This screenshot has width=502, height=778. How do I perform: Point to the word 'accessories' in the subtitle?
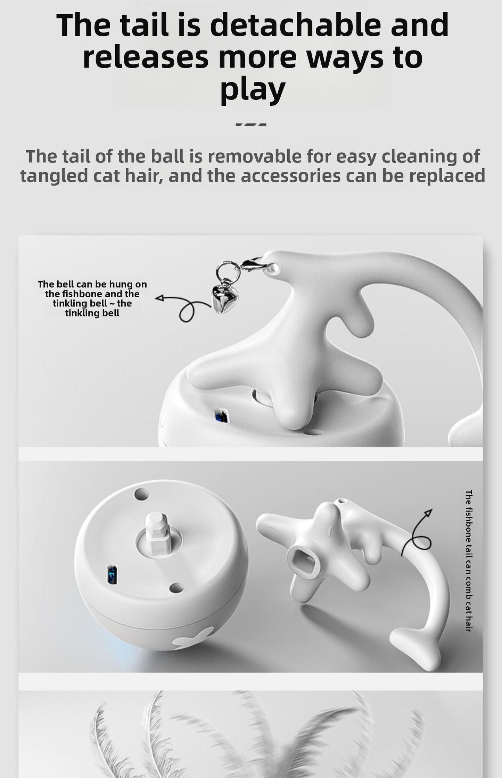coord(290,176)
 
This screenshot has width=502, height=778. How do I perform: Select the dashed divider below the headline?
coord(251,124)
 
